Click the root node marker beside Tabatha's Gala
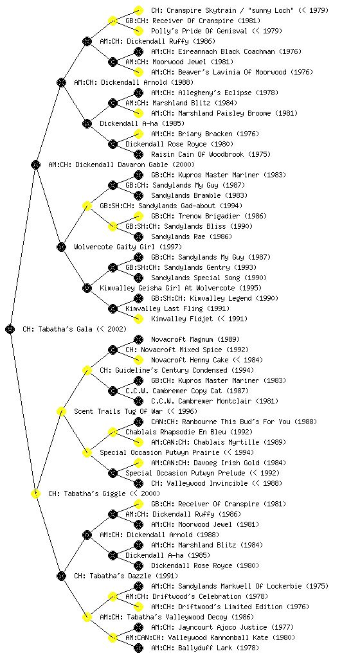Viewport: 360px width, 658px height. pyautogui.click(x=10, y=329)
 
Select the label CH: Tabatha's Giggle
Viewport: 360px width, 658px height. pyautogui.click(x=104, y=493)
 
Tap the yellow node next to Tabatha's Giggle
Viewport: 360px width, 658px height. pyautogui.click(x=35, y=493)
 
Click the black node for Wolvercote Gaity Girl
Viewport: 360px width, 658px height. pyautogui.click(x=61, y=247)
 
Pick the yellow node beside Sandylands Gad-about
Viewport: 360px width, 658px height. pyautogui.click(x=87, y=206)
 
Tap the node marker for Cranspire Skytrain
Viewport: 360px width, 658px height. pyautogui.click(x=138, y=10)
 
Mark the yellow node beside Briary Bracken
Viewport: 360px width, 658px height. pyautogui.click(x=138, y=134)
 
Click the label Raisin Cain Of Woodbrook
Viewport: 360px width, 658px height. pyautogui.click(x=197, y=154)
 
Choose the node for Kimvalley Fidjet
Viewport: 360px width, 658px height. pyautogui.click(x=138, y=319)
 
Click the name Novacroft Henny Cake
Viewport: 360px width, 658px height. pyautogui.click(x=190, y=360)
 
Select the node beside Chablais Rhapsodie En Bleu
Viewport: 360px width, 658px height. pyautogui.click(x=113, y=432)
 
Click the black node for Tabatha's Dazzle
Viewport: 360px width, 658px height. pyautogui.click(x=61, y=576)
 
